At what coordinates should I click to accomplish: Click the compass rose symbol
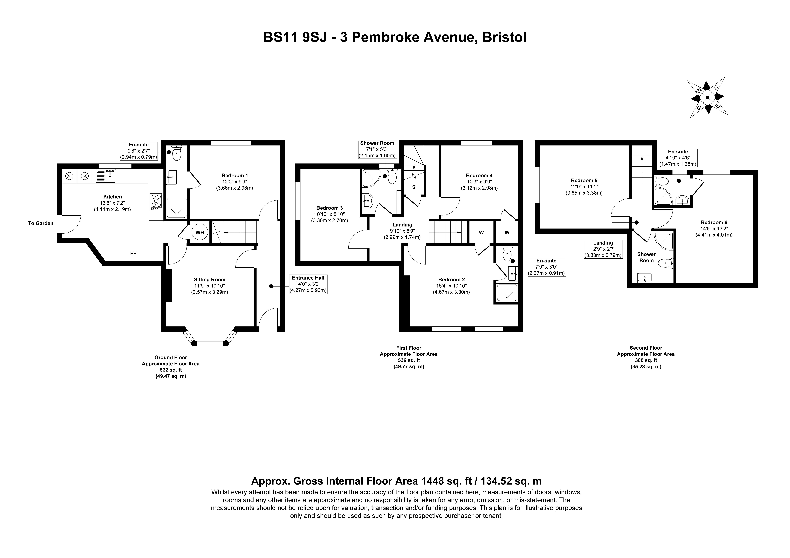(707, 98)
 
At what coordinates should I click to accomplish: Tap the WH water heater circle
(200, 233)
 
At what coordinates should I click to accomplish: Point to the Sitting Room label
(210, 279)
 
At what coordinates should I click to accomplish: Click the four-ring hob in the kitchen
(156, 202)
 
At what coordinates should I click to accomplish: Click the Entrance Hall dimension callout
(308, 284)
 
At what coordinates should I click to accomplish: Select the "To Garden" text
(41, 223)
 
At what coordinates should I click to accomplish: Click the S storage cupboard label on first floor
(414, 187)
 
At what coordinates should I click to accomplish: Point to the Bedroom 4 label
(479, 175)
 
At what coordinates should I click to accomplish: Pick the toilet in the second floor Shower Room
(665, 264)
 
